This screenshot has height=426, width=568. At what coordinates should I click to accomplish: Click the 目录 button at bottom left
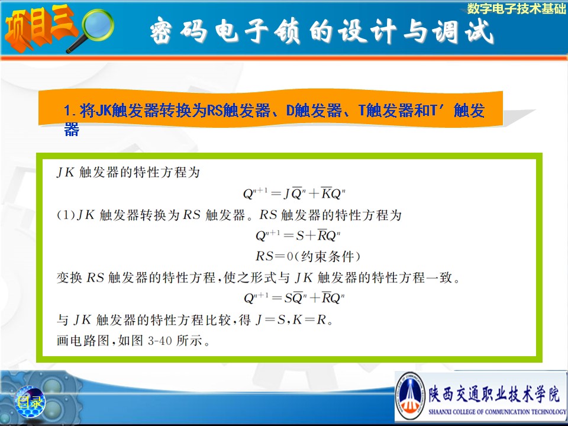[x=30, y=401]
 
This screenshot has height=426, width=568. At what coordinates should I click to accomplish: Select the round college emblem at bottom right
[x=410, y=396]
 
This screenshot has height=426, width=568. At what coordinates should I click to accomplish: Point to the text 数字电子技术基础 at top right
[x=516, y=8]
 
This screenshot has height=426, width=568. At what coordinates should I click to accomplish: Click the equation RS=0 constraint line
[x=308, y=256]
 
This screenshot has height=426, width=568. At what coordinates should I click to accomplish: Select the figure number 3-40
[x=160, y=341]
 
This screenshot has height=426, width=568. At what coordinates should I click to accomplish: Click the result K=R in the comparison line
[x=309, y=320]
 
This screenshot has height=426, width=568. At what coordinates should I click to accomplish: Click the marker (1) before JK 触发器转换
[x=66, y=215]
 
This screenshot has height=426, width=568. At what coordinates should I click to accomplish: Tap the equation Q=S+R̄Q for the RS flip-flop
[x=298, y=235]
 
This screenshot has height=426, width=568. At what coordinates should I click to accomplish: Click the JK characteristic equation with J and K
[x=294, y=193]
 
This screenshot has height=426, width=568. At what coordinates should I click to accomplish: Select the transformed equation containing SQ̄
[x=294, y=298]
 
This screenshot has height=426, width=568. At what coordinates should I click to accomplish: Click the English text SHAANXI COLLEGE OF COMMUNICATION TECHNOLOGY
[x=497, y=412]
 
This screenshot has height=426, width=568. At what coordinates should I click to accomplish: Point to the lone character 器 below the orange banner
[x=72, y=130]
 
